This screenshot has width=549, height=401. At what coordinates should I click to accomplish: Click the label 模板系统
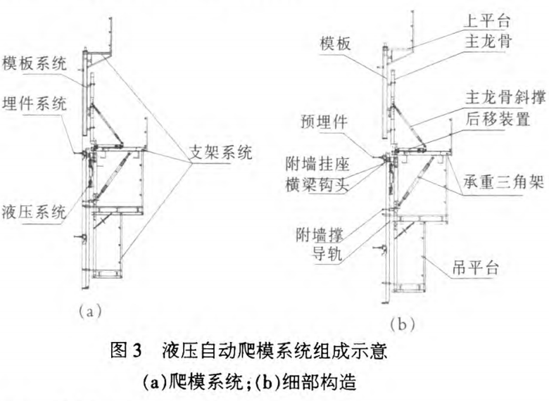coord(34,64)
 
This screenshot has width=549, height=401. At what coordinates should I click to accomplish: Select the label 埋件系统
coord(34,105)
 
